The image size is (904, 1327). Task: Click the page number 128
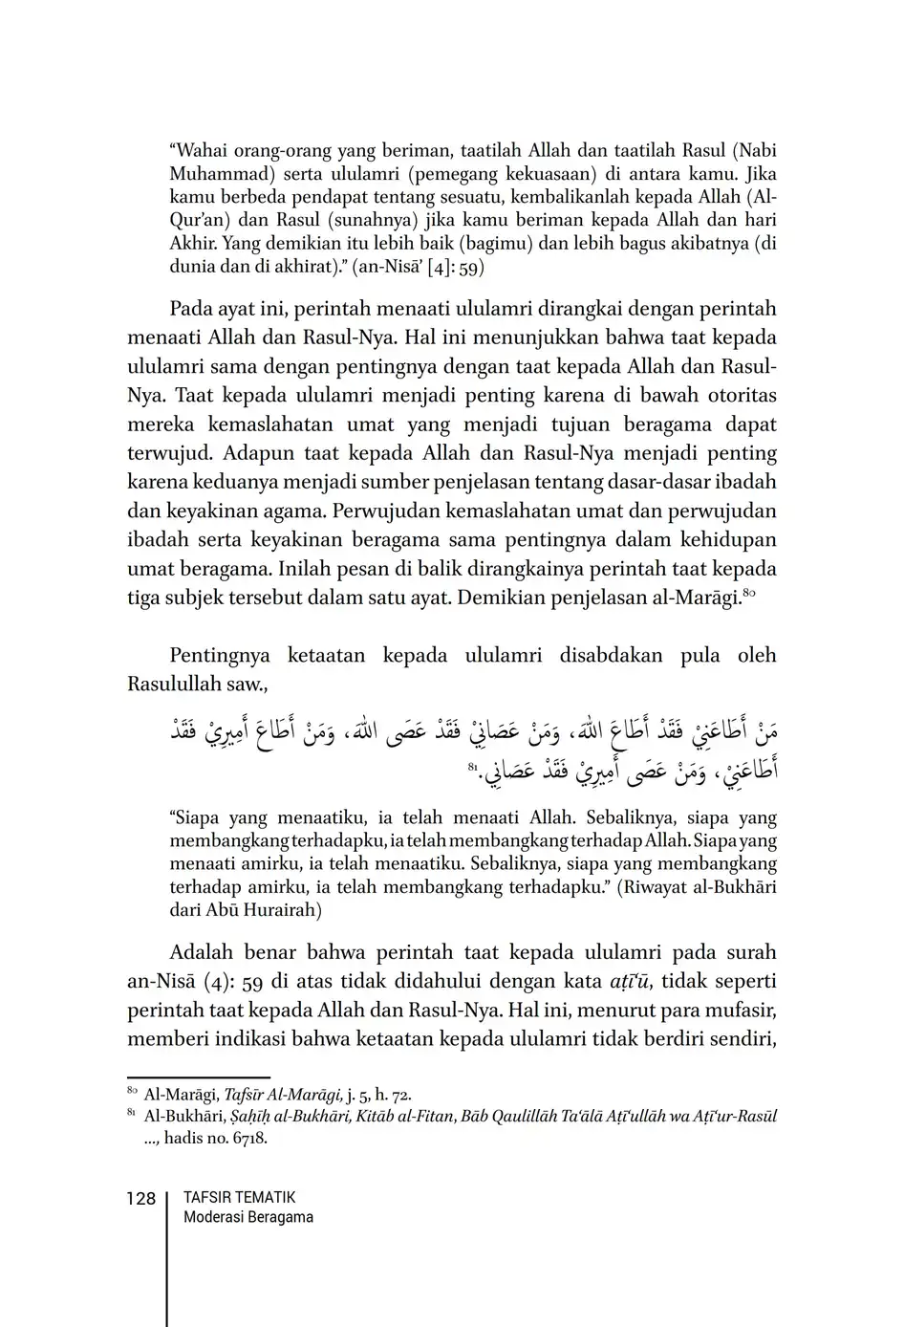(x=140, y=1198)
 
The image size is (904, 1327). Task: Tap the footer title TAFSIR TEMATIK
(x=239, y=1197)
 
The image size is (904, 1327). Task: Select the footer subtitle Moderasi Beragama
(x=248, y=1217)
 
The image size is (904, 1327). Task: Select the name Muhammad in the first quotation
(x=210, y=174)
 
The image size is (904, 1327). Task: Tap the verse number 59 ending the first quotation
(x=472, y=268)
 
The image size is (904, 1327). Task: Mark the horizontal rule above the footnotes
(x=199, y=1077)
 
